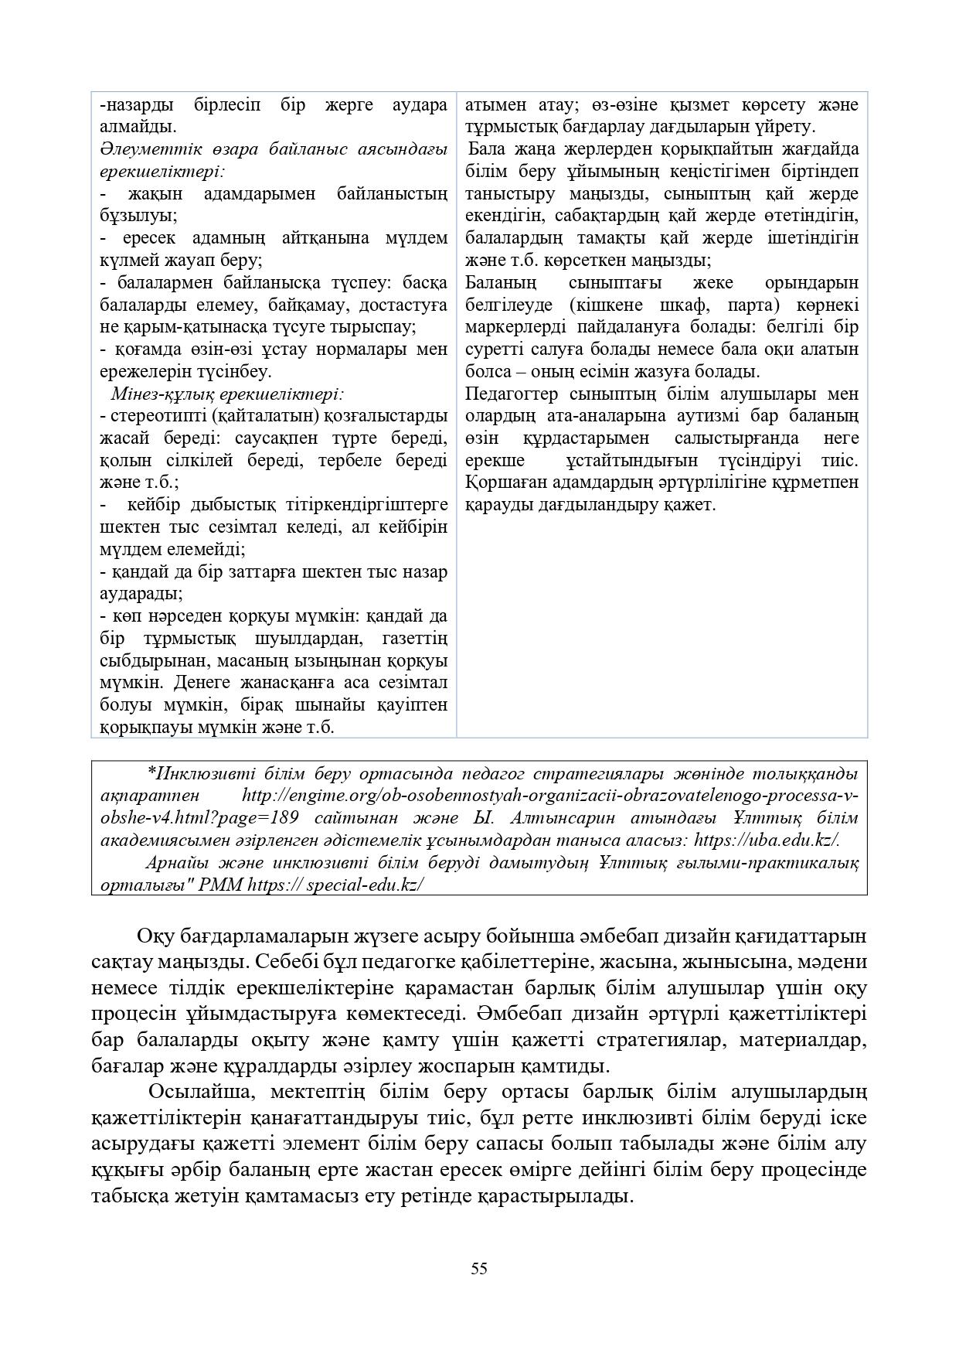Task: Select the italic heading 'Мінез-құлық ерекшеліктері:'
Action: [228, 394]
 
